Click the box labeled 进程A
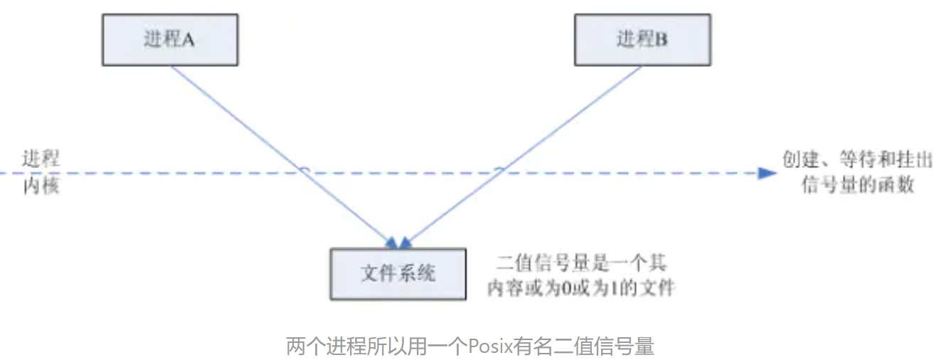[x=170, y=40]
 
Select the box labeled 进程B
[x=642, y=40]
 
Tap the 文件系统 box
[x=398, y=273]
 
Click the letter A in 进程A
[x=189, y=41]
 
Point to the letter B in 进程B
[x=661, y=41]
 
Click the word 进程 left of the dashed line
[x=41, y=159]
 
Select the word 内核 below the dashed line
[x=41, y=187]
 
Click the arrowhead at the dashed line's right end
[x=767, y=173]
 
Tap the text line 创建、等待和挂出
[x=856, y=160]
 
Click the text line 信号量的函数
[x=856, y=186]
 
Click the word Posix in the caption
[x=487, y=346]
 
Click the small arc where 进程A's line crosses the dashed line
[x=304, y=170]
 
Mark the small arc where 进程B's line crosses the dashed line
[x=499, y=170]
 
